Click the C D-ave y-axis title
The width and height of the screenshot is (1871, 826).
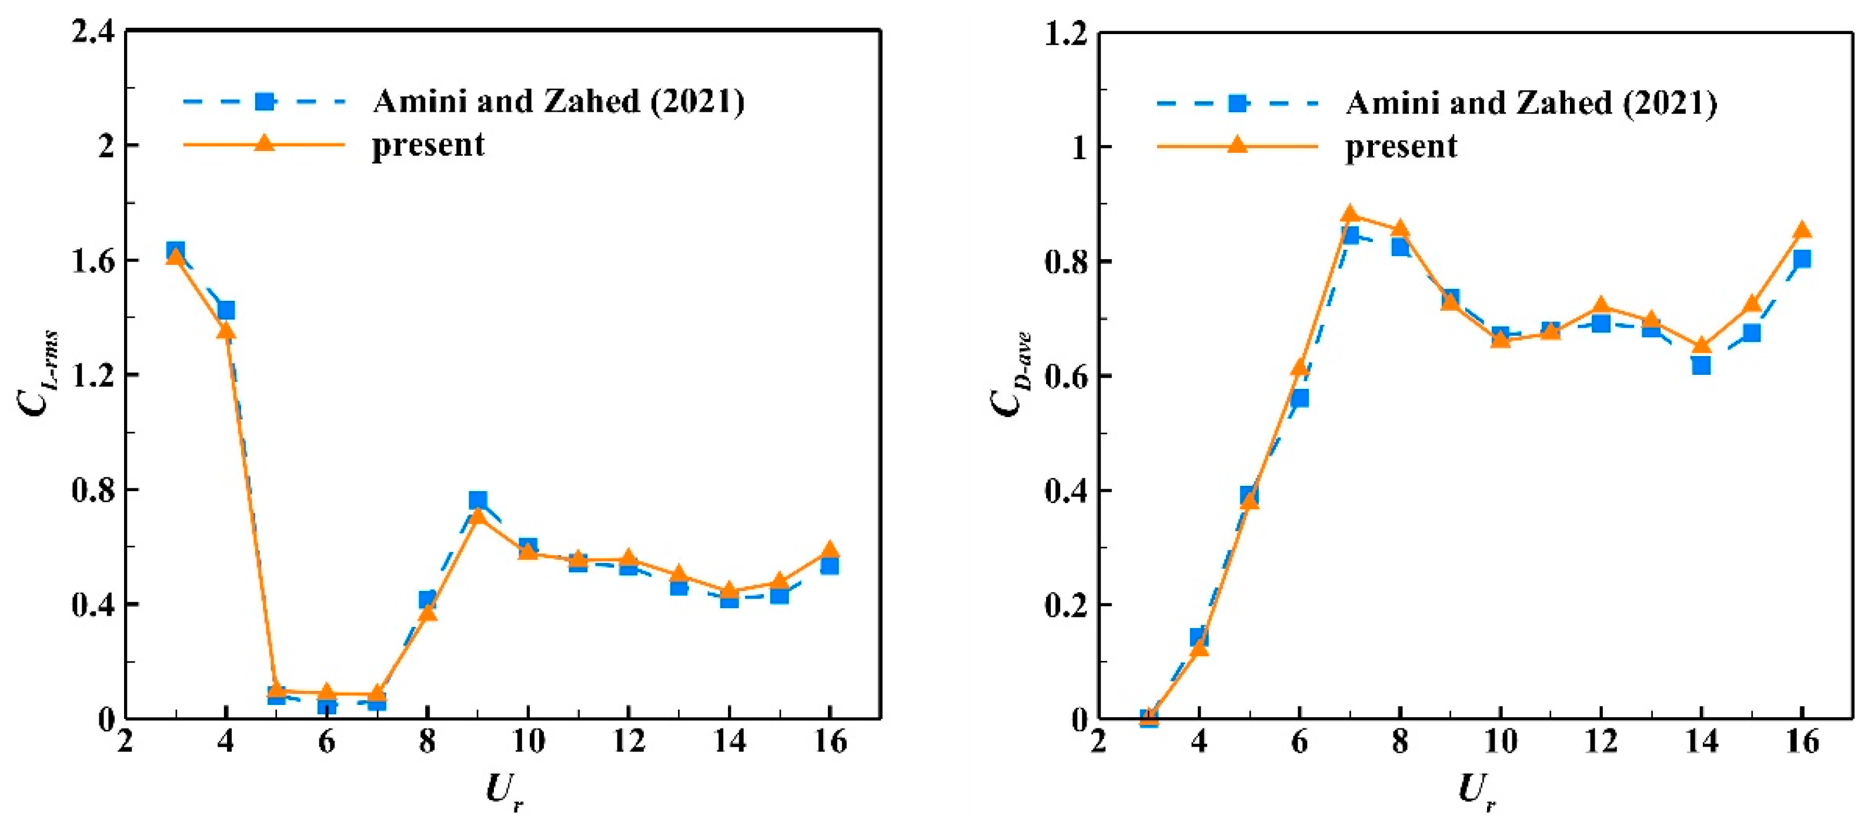[1011, 374]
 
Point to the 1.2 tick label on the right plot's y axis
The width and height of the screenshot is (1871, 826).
[1065, 34]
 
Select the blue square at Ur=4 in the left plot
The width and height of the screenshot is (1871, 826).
[226, 311]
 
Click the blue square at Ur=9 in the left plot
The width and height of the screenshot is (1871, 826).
[477, 500]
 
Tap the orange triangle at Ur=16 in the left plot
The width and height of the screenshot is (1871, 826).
[830, 549]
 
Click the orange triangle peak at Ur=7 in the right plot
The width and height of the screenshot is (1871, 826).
[1350, 213]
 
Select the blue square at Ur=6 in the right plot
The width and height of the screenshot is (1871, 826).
[1299, 398]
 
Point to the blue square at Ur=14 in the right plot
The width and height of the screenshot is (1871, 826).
[1701, 365]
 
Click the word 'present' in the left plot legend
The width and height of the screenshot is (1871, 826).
[428, 146]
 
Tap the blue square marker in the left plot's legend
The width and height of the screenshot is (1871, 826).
[265, 102]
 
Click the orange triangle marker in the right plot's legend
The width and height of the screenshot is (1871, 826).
[1237, 146]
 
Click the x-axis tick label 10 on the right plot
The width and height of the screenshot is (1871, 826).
[1500, 742]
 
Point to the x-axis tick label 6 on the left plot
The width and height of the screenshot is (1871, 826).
[326, 742]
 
